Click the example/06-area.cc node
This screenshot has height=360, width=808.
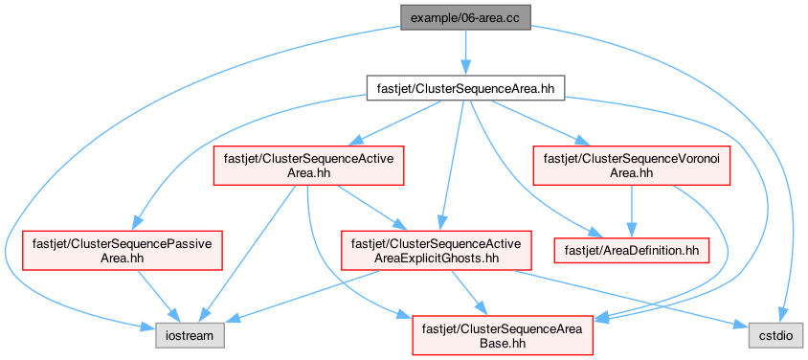point(466,18)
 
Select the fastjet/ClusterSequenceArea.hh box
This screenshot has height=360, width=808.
point(466,88)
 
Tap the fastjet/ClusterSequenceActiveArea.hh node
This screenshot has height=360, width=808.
point(308,166)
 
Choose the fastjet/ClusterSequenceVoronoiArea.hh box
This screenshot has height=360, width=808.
point(631,166)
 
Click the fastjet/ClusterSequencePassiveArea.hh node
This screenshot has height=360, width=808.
point(123,250)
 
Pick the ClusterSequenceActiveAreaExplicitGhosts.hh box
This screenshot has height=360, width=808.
point(436,250)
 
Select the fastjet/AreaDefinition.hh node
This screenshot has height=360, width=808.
point(631,250)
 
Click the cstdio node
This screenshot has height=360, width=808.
point(776,336)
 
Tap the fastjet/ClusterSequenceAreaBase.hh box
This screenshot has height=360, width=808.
point(503,335)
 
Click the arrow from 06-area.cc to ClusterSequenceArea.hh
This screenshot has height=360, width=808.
point(466,53)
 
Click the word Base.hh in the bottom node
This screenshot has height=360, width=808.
point(503,342)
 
